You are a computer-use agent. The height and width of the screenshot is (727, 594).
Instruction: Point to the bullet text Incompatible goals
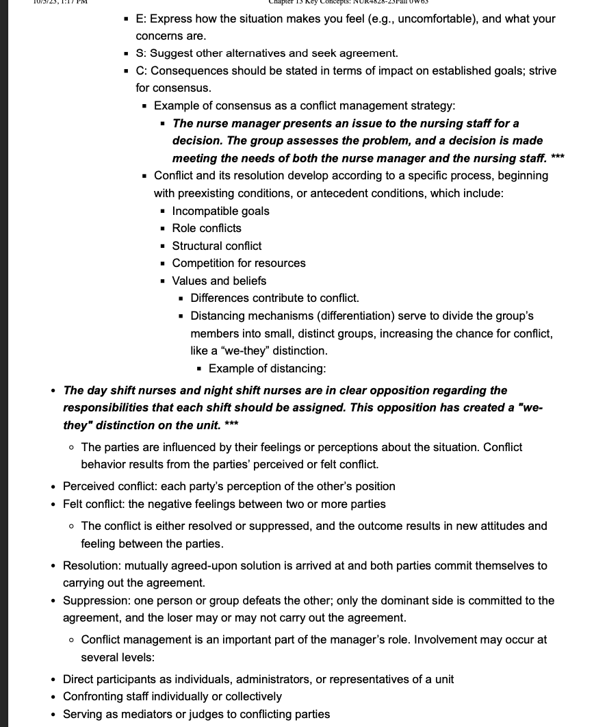pos(220,212)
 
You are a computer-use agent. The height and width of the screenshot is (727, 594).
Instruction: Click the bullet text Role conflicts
pos(207,229)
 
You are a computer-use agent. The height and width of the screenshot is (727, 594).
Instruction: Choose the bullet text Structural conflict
pos(216,246)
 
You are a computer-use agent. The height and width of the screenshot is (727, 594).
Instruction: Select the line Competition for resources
pos(239,264)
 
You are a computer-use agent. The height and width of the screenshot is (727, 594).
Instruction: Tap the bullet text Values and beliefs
pos(219,281)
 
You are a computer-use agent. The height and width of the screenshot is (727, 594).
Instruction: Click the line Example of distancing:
pos(267,369)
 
